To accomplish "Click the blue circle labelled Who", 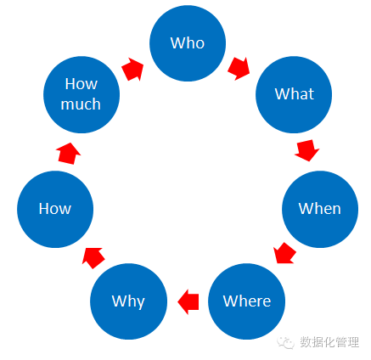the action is point(188,43).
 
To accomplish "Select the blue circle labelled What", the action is point(294,94).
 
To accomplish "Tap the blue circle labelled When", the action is point(320,209).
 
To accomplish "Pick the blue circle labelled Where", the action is point(246,301).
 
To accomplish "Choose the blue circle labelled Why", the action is point(128,301).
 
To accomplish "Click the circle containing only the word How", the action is point(55,209).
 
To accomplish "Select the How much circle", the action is point(82,94).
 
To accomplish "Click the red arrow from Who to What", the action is point(239,69).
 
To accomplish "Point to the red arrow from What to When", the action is point(306,150).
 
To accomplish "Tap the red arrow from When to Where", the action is point(284,253).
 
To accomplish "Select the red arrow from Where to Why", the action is point(188,301).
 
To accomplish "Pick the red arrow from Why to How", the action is point(93,257).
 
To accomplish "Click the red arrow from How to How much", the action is point(68,154).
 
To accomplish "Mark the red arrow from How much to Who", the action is point(132,70).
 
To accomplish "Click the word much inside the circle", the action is point(81,104).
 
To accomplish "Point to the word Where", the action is point(247,301).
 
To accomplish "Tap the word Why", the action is point(128,301).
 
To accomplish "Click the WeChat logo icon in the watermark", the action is point(285,343).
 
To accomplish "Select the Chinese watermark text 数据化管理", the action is point(329,342).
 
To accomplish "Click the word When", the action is point(320,209).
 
